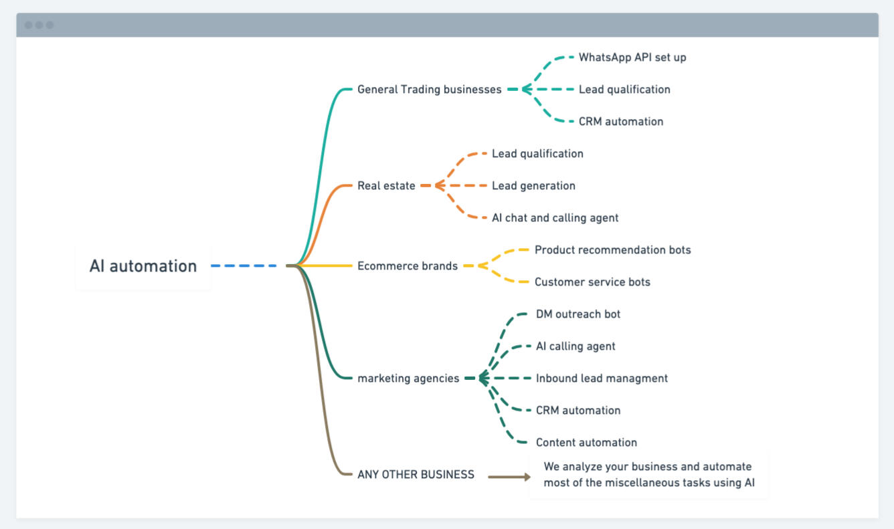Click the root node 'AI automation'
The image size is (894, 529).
coord(143,266)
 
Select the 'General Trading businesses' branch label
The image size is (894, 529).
coord(430,90)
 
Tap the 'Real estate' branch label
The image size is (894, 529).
coord(386,185)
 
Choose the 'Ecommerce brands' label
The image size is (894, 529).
coord(408,266)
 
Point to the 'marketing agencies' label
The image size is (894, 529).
coord(408,379)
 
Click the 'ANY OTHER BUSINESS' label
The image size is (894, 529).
coord(416,474)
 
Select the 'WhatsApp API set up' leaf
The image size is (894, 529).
coord(632,58)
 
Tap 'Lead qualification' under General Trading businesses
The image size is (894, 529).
coord(624,90)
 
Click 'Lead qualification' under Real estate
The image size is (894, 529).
coord(537,154)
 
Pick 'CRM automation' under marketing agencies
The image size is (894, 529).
coord(578,410)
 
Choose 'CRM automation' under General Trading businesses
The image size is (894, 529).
coord(621,121)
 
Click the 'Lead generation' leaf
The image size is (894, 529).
coord(533,185)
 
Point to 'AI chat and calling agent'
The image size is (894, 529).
coord(555,218)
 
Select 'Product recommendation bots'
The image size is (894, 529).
coord(613,249)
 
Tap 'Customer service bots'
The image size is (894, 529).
coord(592,282)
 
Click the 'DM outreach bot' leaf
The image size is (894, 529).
coord(578,314)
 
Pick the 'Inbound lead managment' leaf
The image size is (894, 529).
coord(602,379)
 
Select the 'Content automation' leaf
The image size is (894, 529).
coord(586,443)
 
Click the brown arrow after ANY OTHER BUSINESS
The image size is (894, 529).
coord(509,476)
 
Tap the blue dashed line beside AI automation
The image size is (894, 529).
coord(244,266)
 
